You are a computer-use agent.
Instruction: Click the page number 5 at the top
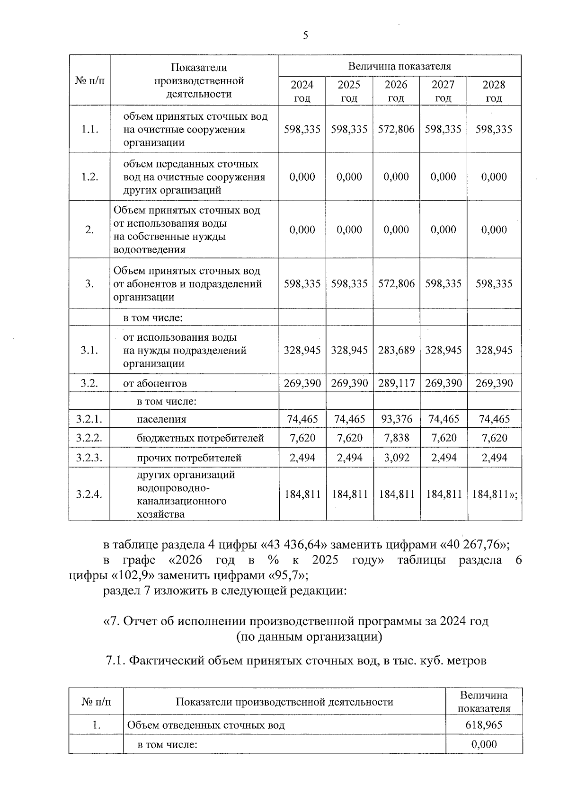coord(305,35)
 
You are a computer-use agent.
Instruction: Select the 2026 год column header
coord(396,91)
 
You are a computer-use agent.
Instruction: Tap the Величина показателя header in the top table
coord(399,66)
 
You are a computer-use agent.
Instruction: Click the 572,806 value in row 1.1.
coord(396,129)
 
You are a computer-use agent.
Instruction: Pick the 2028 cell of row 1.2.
coord(494,177)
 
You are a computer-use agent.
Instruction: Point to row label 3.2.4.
coord(89,494)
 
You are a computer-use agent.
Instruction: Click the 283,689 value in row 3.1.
coord(396,350)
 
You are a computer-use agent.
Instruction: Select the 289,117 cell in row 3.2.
coord(396,383)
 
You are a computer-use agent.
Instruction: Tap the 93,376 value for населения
coord(396,419)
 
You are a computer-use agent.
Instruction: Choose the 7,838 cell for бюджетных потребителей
coord(396,438)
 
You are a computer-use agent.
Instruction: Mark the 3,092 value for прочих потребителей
coord(396,458)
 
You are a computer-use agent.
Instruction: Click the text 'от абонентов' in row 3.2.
coord(155,384)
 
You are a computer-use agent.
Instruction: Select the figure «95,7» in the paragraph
coord(288,576)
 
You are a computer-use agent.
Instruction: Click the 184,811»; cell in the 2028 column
coord(495,494)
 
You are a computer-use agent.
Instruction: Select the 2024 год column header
coord(302,91)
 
